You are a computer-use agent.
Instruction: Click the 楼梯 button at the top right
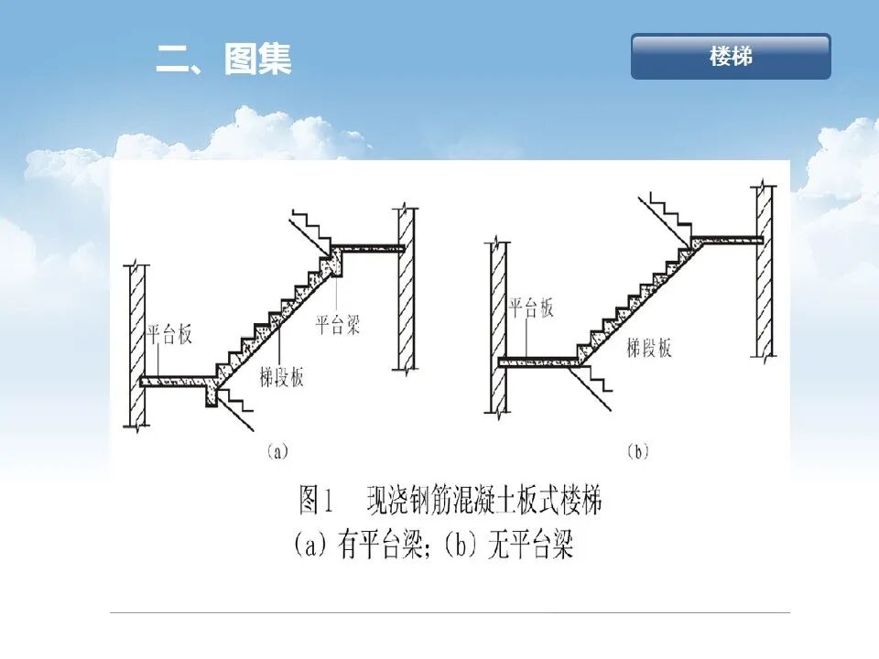(x=731, y=57)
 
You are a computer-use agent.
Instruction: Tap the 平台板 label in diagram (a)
(x=169, y=334)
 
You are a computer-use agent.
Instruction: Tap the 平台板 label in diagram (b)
(x=532, y=308)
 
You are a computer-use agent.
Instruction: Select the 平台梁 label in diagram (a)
(x=338, y=324)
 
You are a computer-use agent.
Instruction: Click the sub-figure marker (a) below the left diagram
(x=277, y=450)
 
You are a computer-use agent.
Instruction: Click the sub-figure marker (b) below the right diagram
(x=637, y=450)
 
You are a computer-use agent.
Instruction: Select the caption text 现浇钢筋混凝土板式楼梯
(x=484, y=502)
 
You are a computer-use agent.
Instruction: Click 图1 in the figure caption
(x=321, y=502)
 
